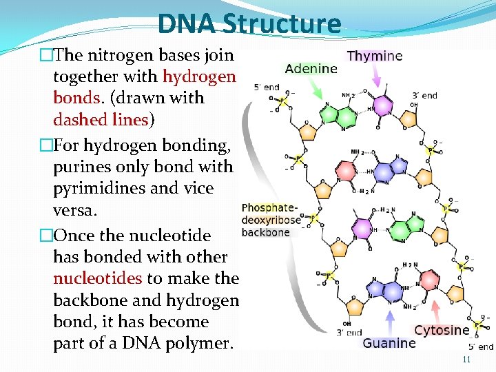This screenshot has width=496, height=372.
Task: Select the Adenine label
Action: click(x=311, y=68)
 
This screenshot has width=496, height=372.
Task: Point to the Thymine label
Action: click(x=375, y=56)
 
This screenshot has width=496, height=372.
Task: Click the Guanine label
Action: click(x=389, y=342)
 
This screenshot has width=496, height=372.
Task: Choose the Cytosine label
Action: click(x=442, y=330)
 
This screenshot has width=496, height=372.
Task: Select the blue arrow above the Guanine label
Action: click(x=390, y=320)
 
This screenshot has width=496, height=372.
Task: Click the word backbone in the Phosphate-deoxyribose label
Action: click(x=266, y=232)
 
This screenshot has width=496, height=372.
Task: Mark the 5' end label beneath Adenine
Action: click(x=267, y=87)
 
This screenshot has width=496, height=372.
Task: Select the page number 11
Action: click(x=466, y=360)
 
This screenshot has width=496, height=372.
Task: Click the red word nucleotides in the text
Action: click(x=97, y=278)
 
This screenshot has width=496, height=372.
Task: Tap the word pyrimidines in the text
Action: click(x=95, y=188)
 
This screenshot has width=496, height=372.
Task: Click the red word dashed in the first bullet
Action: click(x=79, y=119)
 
